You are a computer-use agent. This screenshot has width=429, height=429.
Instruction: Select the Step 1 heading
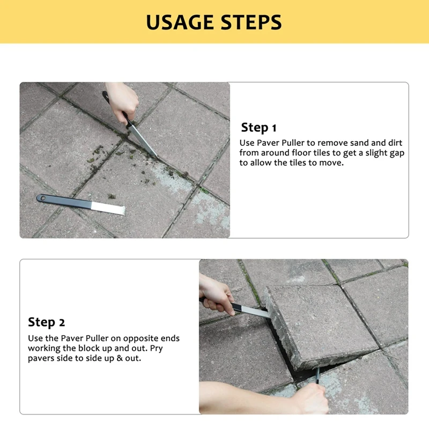(x=258, y=128)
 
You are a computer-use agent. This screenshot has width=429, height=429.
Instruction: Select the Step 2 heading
(x=46, y=322)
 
